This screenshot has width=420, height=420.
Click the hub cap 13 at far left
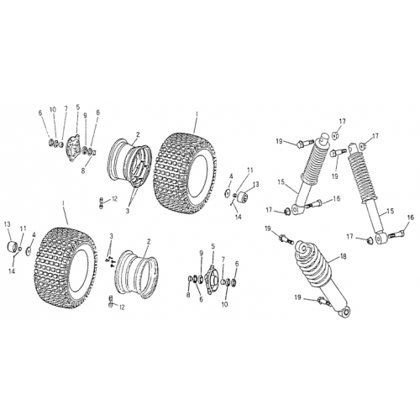coord(11,247)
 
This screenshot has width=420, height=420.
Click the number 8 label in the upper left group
coord(82,171)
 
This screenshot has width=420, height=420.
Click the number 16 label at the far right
coord(411,217)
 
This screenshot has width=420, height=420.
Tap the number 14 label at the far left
coord(12,271)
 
